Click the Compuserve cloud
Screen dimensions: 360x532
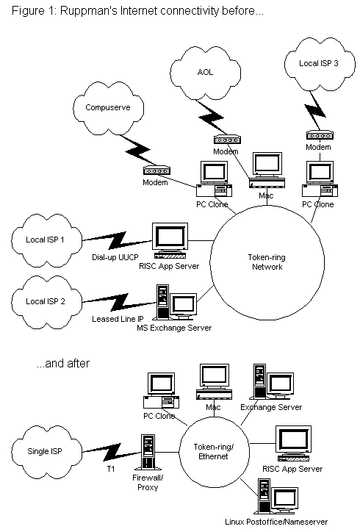(108, 108)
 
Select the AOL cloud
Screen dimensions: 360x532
(205, 73)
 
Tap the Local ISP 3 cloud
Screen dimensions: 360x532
(320, 64)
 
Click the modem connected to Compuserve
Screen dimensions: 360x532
(156, 170)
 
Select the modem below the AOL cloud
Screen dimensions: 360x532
(227, 140)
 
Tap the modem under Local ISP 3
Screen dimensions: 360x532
(320, 135)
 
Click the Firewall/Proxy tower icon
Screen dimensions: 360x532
(148, 452)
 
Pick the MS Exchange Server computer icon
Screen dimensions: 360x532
(174, 302)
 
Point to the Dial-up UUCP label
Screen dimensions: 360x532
(115, 257)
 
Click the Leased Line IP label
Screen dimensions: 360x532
(118, 319)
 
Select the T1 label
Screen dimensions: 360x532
(111, 469)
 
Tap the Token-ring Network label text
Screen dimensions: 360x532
(267, 262)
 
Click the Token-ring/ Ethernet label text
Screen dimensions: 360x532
(213, 452)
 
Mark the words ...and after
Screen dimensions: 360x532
(63, 364)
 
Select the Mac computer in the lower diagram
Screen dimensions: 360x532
(214, 381)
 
